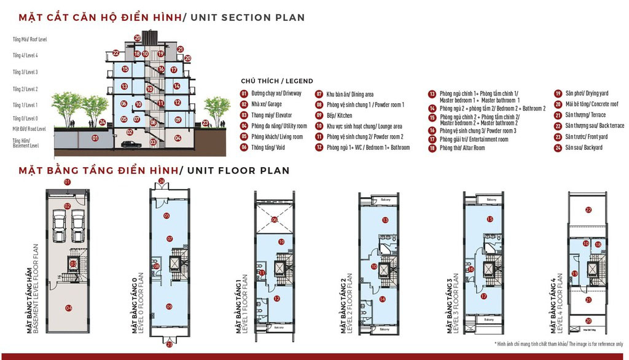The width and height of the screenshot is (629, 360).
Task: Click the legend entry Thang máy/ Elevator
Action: coord(267,115)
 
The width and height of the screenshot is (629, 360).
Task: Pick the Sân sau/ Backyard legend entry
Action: coord(584,148)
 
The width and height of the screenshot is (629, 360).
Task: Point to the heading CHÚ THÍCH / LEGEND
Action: coord(276,81)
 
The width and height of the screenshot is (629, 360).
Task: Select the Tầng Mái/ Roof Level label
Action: coord(29,39)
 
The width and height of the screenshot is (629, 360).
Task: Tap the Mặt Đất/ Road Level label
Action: coord(29,129)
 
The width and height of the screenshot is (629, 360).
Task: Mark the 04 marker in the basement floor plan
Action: coord(69,308)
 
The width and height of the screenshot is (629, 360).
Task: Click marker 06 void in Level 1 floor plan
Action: coord(275,219)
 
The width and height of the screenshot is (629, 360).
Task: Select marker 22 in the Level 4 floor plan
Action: coord(588,210)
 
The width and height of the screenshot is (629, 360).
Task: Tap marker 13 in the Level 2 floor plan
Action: coord(385,219)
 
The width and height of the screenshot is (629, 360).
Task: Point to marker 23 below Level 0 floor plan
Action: coord(170,345)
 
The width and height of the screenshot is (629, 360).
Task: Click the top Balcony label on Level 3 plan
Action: coord(491,200)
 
